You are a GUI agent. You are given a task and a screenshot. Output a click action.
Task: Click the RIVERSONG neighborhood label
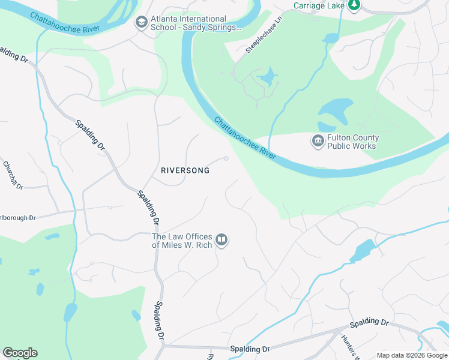point(185,170)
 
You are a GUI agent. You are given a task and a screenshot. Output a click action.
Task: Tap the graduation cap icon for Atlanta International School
point(141,23)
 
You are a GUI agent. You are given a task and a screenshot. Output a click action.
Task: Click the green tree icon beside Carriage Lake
point(354,5)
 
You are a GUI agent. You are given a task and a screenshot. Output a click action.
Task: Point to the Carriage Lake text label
point(318,5)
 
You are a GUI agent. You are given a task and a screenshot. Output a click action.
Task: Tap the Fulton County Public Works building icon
point(317,142)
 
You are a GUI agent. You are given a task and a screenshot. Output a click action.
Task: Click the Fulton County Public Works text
point(352,142)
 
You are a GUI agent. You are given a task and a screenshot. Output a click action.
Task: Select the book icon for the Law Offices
point(221,241)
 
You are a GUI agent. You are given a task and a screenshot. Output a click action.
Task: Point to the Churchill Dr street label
point(13,175)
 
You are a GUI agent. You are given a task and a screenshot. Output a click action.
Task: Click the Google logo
point(20,353)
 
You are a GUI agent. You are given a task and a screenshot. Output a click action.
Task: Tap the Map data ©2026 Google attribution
point(412,355)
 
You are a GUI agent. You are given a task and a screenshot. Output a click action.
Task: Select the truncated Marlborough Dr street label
point(17,217)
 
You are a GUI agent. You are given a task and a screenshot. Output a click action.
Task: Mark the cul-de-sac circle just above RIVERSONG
point(226,158)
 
